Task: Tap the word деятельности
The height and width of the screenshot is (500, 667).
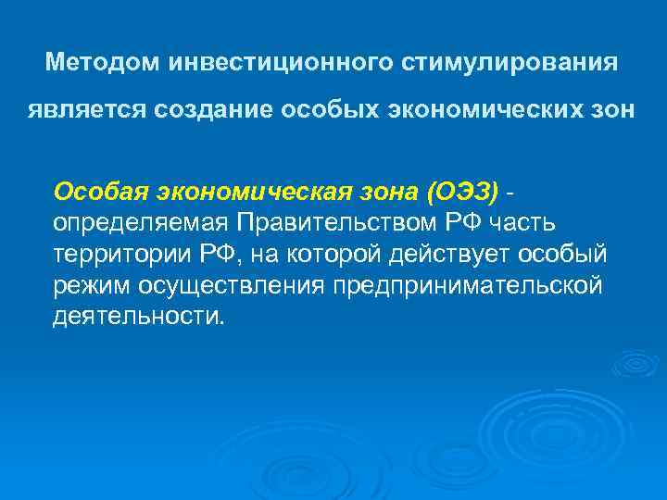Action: pos(139,317)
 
